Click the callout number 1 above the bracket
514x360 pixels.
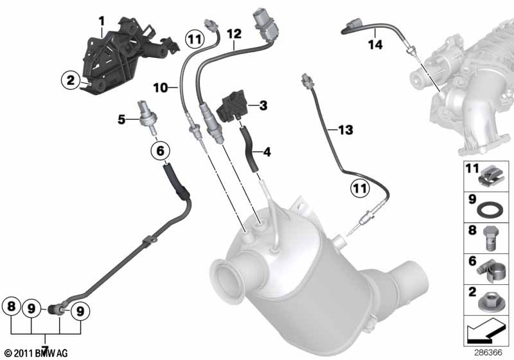(x=102, y=22)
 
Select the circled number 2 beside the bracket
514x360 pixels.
(x=71, y=80)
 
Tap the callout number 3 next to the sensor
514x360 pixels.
(x=263, y=105)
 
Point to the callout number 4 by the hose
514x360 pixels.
(x=267, y=152)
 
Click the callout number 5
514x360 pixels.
(x=121, y=120)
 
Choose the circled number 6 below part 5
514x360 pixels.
(x=160, y=151)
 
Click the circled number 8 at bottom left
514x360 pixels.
(x=11, y=307)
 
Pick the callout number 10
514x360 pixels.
(x=160, y=87)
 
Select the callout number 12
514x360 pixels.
(x=234, y=34)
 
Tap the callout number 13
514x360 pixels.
(x=346, y=130)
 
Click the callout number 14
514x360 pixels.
(x=375, y=44)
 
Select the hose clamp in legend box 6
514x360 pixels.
(x=489, y=270)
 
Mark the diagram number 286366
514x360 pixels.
(x=488, y=353)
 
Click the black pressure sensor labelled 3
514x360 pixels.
(x=232, y=106)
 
